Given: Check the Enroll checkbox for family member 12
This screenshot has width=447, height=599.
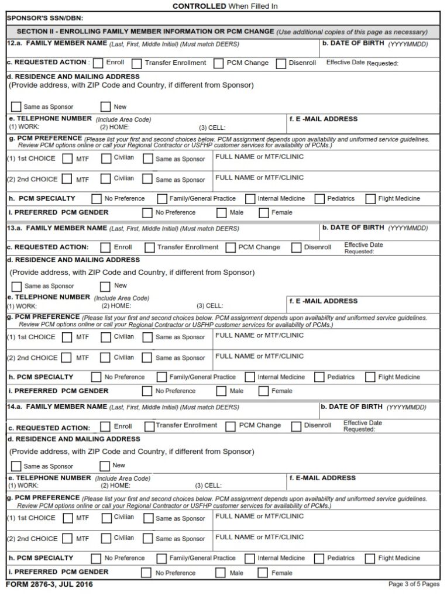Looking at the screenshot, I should tap(98, 63).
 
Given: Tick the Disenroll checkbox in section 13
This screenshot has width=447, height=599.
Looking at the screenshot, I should tap(296, 247).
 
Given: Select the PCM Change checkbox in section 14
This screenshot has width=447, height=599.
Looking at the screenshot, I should tap(231, 426).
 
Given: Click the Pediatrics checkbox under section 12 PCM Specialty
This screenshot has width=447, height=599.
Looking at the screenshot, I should tap(319, 199).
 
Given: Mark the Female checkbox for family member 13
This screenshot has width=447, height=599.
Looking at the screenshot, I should tap(264, 391).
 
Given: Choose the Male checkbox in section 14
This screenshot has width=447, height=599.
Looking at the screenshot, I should tap(221, 573).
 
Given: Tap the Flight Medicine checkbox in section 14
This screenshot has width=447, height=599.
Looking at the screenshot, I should tap(370, 558).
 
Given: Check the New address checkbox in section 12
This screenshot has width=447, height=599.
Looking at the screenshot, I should tap(105, 107).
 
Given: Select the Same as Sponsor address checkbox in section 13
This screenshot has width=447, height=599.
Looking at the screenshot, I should tap(16, 286).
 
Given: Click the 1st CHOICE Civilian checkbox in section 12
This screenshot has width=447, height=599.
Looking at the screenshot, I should tap(106, 159).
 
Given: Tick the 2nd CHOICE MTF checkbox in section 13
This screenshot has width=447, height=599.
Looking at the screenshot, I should tap(67, 357).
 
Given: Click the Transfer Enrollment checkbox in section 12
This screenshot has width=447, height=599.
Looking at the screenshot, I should tap(137, 63).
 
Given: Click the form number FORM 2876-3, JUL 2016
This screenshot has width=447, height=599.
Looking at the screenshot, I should tap(49, 584).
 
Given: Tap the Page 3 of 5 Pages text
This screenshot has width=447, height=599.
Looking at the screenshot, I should tap(414, 584).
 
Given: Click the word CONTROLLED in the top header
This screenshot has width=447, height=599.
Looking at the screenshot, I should tap(199, 6).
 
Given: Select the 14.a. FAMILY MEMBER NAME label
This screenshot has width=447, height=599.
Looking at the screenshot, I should tap(57, 407).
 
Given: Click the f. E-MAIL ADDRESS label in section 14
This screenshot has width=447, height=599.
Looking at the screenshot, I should tap(322, 478).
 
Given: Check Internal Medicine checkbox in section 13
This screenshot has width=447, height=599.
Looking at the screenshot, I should tap(250, 377).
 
